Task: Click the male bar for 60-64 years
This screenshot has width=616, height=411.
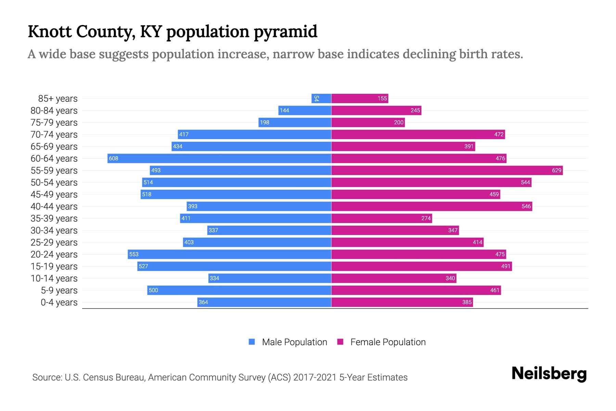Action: [219, 158]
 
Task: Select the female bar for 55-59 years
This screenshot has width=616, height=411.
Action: [447, 170]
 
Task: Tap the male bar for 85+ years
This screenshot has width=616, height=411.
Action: [321, 98]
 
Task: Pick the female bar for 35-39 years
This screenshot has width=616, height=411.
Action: [382, 218]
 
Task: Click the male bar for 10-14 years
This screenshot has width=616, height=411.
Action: [270, 278]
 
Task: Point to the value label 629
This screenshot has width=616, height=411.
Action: [556, 170]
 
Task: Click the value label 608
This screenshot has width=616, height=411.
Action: [114, 158]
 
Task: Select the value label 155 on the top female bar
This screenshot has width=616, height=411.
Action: [382, 98]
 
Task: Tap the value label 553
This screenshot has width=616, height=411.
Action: [134, 254]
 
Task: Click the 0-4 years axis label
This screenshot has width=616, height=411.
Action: [59, 302]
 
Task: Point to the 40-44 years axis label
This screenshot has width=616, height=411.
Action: [54, 207]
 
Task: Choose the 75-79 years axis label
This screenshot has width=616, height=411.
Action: [54, 123]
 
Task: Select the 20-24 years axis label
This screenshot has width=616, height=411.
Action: [54, 254]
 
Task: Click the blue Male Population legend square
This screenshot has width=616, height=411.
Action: [252, 342]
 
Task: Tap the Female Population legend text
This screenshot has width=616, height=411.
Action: [388, 342]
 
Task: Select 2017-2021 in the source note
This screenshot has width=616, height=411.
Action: [315, 377]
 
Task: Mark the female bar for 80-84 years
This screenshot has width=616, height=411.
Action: [376, 110]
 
